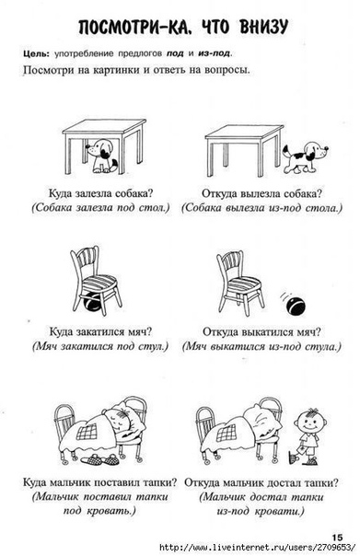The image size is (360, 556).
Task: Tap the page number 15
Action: tap(337, 538)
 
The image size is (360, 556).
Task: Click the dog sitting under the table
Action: tap(101, 156)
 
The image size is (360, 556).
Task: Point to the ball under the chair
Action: tap(93, 302)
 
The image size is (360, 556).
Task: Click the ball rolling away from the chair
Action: tap(296, 306)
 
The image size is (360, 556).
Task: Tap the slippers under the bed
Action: tap(99, 459)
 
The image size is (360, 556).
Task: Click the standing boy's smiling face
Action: tap(310, 422)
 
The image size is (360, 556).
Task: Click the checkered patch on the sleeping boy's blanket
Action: tap(88, 432)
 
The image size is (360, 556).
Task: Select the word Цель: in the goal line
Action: tap(37, 54)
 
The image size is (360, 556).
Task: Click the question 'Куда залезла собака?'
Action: tap(100, 193)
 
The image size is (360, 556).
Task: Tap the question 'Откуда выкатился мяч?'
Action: tap(261, 332)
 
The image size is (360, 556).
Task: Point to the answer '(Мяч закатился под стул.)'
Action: tap(100, 346)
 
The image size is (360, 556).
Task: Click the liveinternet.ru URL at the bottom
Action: tap(258, 547)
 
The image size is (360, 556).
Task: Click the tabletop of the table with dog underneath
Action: tap(104, 127)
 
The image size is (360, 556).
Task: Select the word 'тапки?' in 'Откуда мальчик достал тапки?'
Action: tap(322, 482)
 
